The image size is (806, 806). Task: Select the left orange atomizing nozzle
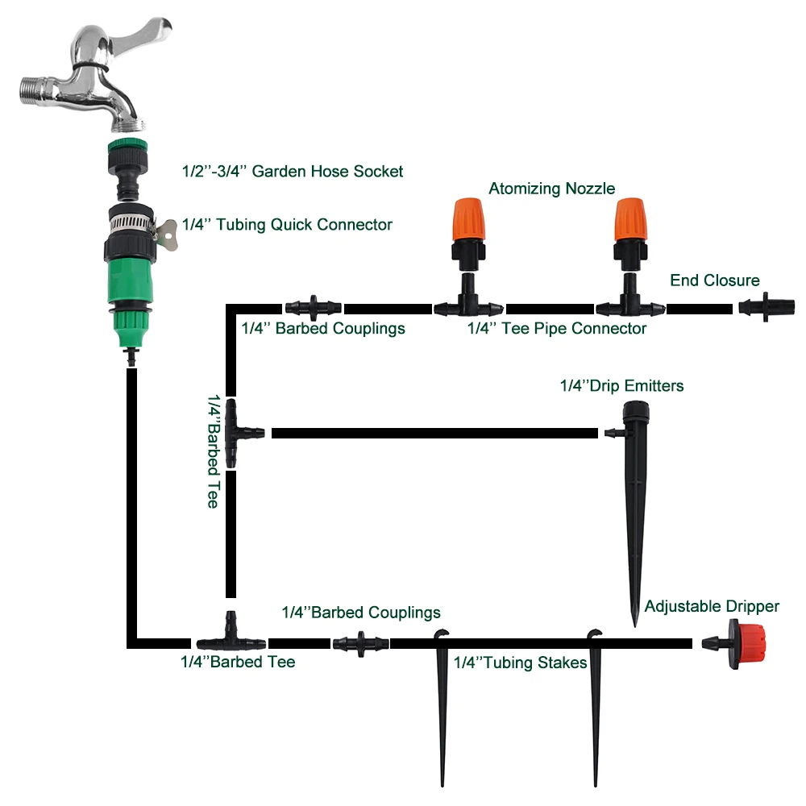(468, 220)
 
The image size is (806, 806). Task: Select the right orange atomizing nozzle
(631, 220)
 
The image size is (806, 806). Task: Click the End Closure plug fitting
(766, 307)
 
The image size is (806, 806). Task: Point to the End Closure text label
(714, 280)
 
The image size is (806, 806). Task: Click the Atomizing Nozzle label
(551, 189)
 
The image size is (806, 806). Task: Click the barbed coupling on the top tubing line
(313, 308)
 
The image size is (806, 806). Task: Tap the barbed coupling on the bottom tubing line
(361, 643)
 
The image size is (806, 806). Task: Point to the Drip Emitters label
(621, 385)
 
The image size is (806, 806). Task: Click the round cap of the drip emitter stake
(636, 413)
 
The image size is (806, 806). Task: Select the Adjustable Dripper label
(712, 607)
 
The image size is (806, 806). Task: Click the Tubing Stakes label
(520, 663)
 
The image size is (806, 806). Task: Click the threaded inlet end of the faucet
(34, 91)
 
